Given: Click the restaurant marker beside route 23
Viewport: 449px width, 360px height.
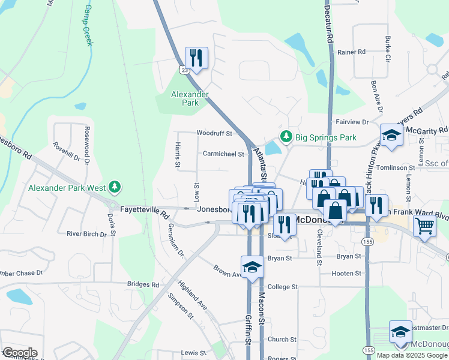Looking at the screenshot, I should click(x=196, y=58).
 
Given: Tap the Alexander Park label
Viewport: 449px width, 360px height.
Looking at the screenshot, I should click(x=190, y=98).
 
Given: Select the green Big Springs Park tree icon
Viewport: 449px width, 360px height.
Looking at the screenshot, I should click(x=286, y=137).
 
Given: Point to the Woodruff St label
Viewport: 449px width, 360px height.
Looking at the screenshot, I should click(x=214, y=133).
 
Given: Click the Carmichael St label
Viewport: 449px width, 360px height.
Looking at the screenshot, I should click(x=223, y=154).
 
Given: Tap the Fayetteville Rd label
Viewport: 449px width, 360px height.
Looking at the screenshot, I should click(x=145, y=210).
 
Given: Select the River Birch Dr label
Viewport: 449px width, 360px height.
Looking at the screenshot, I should click(x=86, y=233).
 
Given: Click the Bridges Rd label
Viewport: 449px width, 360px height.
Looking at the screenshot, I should click(x=143, y=284).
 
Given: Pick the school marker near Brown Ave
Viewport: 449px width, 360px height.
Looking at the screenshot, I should click(x=253, y=266).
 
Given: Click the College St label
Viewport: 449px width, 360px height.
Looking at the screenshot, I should click(x=283, y=287).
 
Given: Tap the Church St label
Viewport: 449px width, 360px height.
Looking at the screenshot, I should click(x=279, y=339).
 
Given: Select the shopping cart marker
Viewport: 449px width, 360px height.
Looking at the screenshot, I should click(x=424, y=227).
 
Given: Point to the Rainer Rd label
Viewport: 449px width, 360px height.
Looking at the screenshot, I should click(x=351, y=52).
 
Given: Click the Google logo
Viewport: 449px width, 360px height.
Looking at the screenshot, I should click(x=19, y=353).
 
